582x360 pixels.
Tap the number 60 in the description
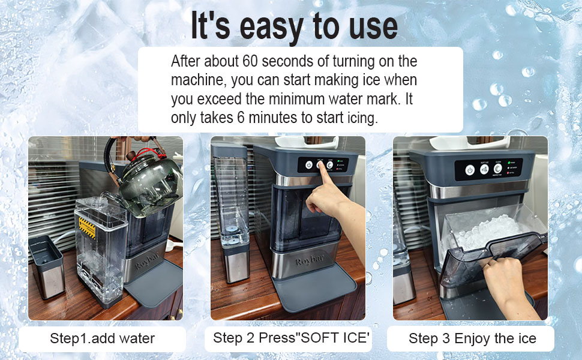click(x=250, y=61)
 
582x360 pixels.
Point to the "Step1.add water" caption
click(x=102, y=338)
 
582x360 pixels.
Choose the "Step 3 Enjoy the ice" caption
click(x=472, y=338)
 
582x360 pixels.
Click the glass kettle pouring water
click(x=146, y=178)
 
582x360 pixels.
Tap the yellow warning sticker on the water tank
click(x=87, y=227)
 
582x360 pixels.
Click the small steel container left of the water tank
click(x=46, y=266)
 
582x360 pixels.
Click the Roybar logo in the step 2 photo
click(x=309, y=260)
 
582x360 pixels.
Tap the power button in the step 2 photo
click(x=309, y=165)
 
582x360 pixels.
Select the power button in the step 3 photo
click(x=470, y=170)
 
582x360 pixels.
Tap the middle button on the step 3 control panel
click(x=484, y=170)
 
